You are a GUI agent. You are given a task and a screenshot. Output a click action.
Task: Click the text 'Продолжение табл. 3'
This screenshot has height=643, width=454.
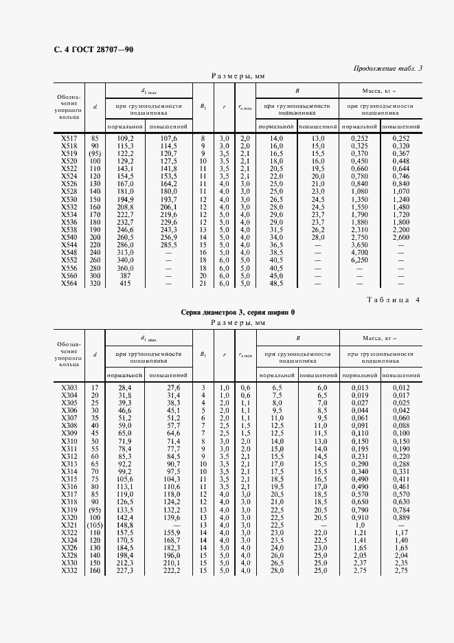tap(388, 68)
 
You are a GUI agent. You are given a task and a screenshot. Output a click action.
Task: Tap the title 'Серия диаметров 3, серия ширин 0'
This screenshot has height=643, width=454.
tap(238, 312)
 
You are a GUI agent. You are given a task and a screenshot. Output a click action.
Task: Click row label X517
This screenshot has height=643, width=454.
tap(69, 139)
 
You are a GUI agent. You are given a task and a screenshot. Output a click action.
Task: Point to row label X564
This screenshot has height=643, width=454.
tap(69, 283)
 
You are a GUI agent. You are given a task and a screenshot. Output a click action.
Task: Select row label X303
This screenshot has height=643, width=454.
tap(69, 388)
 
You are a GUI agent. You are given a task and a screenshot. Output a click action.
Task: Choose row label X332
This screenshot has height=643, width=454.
tap(69, 570)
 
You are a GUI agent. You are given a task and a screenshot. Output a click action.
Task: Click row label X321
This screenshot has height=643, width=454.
tap(69, 525)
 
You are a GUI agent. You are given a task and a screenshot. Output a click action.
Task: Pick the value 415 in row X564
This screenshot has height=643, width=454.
tap(126, 283)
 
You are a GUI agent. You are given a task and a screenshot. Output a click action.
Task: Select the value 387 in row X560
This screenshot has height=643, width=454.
tap(126, 275)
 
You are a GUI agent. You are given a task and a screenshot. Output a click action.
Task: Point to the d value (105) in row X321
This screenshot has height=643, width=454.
tap(94, 525)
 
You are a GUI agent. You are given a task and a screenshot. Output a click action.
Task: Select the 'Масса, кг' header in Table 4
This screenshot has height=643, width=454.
tap(379, 337)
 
